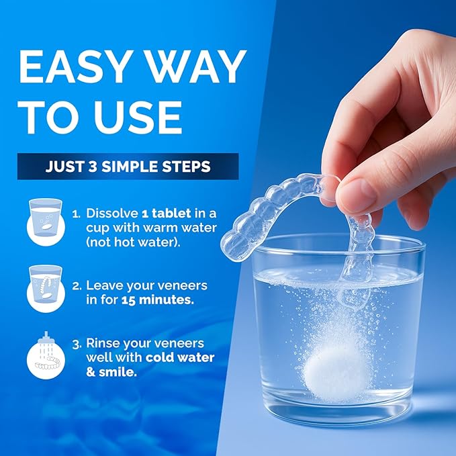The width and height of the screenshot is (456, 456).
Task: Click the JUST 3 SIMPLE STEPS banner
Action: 128,167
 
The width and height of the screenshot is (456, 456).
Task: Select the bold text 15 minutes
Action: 158,300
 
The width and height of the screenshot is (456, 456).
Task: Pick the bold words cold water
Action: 182,357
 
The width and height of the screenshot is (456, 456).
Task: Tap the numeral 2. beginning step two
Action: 77,286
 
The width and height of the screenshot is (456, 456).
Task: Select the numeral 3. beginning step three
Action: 77,344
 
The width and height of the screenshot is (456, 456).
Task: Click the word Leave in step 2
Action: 102,285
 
